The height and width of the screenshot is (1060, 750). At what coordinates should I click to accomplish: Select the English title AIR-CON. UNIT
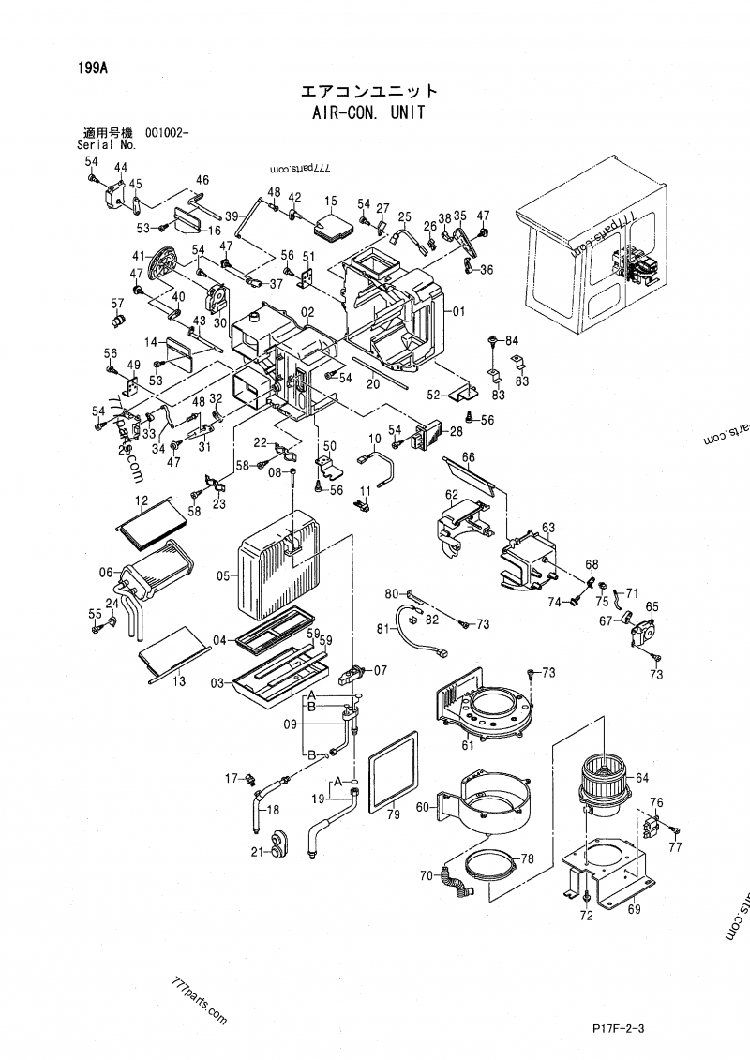367,112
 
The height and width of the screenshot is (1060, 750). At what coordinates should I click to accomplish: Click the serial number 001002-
166,133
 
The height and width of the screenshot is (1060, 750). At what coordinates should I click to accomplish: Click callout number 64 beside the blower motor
642,777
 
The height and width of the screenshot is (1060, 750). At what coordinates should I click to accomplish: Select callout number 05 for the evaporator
224,576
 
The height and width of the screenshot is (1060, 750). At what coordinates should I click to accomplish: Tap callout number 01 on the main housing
458,311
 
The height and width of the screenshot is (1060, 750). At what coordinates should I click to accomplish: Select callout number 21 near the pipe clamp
257,851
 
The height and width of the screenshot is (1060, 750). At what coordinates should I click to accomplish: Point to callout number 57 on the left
117,303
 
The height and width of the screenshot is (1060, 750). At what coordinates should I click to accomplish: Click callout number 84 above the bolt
512,338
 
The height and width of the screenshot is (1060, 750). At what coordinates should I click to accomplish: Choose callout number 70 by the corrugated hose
426,876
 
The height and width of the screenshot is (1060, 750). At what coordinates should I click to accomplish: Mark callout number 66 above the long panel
469,456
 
